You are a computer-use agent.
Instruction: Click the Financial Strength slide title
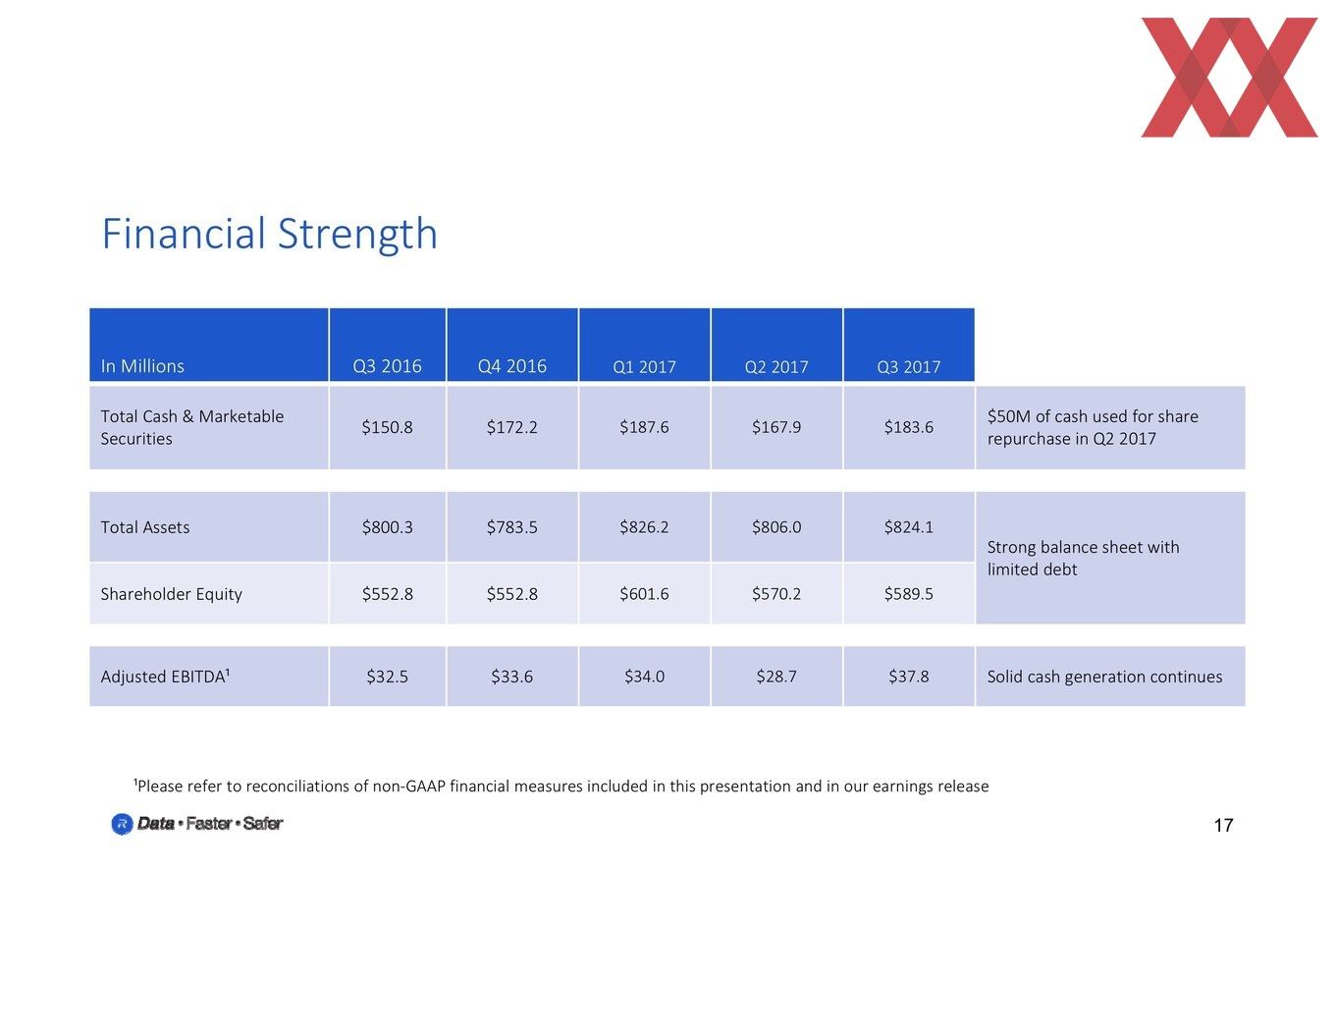point(269,234)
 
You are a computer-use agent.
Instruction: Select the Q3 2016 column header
point(387,366)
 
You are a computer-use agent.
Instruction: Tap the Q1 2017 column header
point(644,366)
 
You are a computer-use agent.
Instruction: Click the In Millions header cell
point(142,366)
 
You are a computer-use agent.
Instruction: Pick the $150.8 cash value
point(387,427)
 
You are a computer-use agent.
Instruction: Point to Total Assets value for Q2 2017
point(776,527)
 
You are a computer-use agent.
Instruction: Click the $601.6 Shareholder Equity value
point(644,594)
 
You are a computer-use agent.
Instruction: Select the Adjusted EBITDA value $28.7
point(776,677)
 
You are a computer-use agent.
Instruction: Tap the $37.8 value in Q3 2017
point(909,677)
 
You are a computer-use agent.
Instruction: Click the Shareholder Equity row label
point(172,594)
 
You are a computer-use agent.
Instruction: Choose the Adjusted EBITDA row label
point(165,677)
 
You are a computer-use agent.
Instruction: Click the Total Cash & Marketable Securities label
point(192,427)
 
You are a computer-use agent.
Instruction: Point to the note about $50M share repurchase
point(1093,427)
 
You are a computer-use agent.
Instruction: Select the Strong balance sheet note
point(1083,558)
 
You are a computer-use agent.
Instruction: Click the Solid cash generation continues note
point(1104,677)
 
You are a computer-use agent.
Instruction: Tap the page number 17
point(1223,825)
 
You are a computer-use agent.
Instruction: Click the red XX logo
point(1229,78)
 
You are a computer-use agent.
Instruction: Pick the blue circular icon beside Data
point(123,824)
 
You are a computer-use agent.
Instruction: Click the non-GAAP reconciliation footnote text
point(561,786)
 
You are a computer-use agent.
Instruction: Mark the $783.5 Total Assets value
point(511,527)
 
